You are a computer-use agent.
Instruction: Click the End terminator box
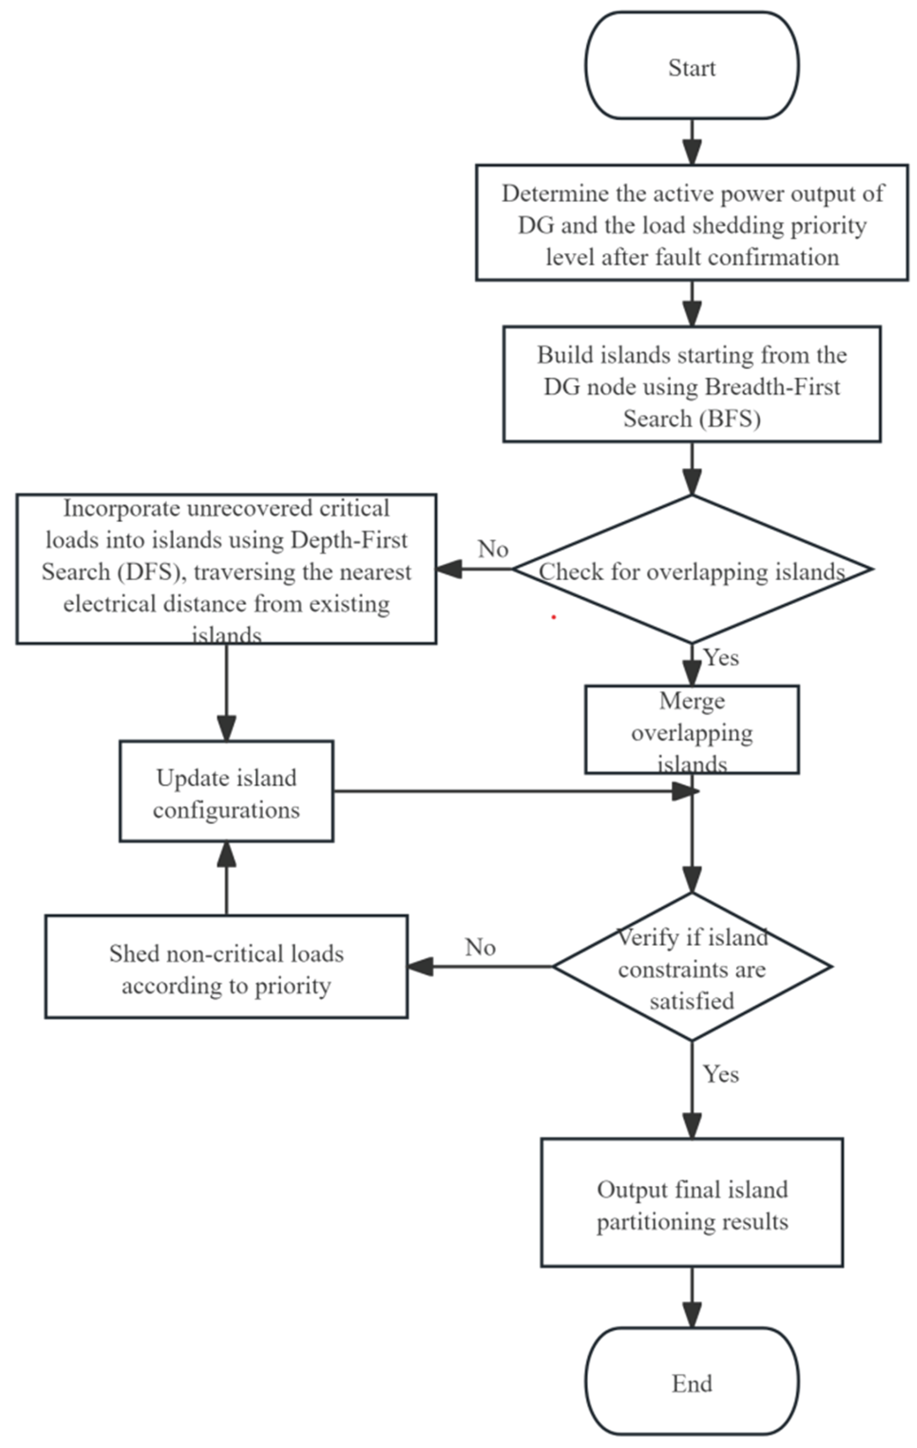692,1383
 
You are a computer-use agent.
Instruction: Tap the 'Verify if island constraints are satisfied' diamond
692,967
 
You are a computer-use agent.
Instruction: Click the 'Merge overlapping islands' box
692,729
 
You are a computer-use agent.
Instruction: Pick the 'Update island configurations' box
226,791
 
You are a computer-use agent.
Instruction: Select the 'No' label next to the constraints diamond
480,948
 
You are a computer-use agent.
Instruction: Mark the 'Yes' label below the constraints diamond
721,1074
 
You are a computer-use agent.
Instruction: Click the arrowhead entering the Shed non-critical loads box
421,967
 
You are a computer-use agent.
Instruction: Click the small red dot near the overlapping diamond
554,617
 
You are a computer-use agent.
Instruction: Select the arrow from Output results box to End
692,1299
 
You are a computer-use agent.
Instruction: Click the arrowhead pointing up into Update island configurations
226,854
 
